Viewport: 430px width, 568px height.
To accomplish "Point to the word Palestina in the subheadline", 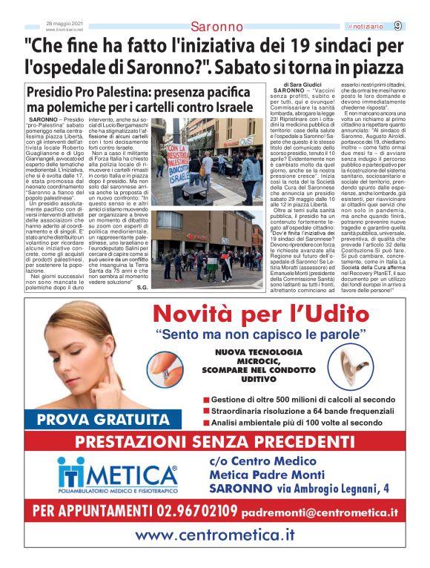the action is [143, 93].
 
